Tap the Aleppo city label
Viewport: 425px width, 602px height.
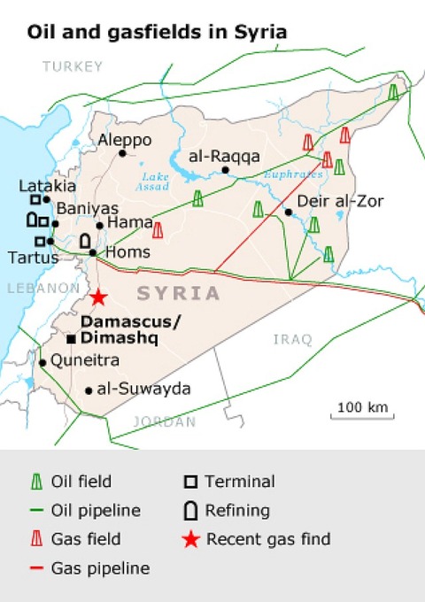125,140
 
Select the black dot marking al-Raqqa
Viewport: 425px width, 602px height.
227,170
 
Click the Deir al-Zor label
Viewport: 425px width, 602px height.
328,201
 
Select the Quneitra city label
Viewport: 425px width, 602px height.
77,360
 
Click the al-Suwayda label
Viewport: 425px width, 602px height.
143,389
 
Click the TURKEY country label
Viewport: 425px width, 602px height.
73,66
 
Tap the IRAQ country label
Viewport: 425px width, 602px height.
292,338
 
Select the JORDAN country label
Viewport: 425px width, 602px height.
164,421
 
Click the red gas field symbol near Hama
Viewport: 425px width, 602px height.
158,230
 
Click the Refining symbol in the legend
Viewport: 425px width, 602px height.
189,511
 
